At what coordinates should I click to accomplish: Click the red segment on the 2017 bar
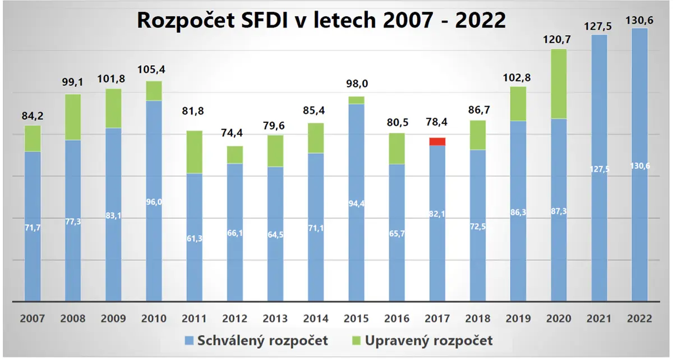pos(437,141)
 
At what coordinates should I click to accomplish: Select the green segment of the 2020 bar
pos(559,84)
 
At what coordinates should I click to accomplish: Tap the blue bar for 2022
pos(640,165)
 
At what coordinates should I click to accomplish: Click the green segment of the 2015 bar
pos(356,100)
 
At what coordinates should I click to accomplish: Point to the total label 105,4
pos(151,70)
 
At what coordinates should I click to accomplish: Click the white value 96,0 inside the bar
pos(154,202)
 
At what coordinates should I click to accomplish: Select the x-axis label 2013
pos(275,319)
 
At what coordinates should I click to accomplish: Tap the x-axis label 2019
pos(518,319)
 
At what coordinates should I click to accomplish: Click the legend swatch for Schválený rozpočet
pos(189,340)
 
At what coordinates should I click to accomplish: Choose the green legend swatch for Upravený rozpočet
pos(356,340)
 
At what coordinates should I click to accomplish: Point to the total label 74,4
pos(232,132)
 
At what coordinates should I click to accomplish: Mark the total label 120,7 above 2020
pos(557,39)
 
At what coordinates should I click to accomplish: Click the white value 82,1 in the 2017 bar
pos(437,214)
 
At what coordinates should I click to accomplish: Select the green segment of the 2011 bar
pos(195,152)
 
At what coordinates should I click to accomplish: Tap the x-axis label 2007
pos(33,319)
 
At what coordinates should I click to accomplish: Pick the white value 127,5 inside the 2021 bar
pos(600,169)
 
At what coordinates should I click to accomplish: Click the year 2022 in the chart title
pos(481,20)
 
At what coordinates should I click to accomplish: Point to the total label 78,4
pos(436,122)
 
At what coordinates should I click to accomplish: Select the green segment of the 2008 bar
pos(73,117)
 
